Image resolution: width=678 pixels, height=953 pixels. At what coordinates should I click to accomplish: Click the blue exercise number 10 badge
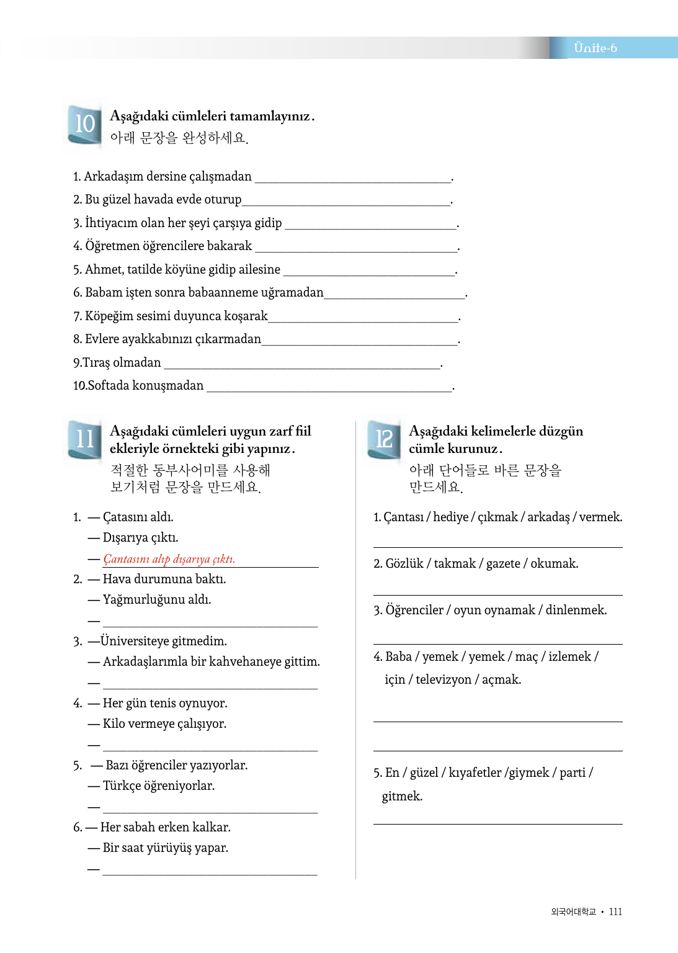click(x=84, y=124)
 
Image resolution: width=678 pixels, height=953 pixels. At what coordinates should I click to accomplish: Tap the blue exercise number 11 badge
click(x=84, y=439)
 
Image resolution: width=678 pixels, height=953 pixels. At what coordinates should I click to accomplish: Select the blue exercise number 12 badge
click(x=384, y=439)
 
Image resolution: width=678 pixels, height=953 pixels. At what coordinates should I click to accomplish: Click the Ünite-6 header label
click(x=595, y=48)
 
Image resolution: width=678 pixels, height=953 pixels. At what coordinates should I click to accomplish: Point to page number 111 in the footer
click(x=615, y=911)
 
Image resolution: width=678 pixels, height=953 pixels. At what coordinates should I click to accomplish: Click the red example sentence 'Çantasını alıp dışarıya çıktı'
click(x=169, y=559)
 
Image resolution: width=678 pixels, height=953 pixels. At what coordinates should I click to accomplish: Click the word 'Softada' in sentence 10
click(x=107, y=385)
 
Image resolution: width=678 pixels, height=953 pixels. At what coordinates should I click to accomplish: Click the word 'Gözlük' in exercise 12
click(x=404, y=563)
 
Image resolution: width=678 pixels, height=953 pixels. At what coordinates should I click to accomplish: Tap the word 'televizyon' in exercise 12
click(x=443, y=679)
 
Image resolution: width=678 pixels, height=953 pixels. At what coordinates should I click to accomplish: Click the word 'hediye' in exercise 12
click(x=450, y=517)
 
